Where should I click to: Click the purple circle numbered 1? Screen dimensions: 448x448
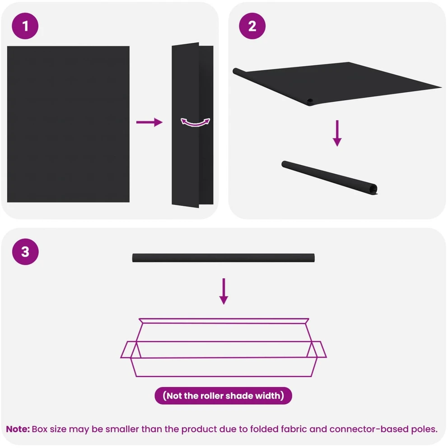tap(25, 26)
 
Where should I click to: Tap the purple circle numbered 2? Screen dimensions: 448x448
tap(252, 26)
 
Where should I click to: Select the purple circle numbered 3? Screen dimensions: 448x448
tap(25, 252)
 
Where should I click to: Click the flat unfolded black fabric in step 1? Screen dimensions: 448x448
tap(68, 124)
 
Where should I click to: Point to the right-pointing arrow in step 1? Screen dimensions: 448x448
tap(149, 122)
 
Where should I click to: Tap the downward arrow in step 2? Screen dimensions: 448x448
tap(337, 133)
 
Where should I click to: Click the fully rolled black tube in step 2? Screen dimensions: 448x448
tap(329, 178)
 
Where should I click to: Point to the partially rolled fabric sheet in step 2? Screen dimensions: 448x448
tap(337, 83)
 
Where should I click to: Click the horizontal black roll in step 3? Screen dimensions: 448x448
tap(224, 258)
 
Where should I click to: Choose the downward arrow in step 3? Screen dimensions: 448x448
tap(224, 291)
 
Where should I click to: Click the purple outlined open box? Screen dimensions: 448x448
tap(224, 347)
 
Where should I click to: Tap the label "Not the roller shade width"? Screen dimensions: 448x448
tap(224, 396)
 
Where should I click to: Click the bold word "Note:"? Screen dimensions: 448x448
tap(18, 429)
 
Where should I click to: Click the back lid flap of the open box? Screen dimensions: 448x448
tap(224, 321)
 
